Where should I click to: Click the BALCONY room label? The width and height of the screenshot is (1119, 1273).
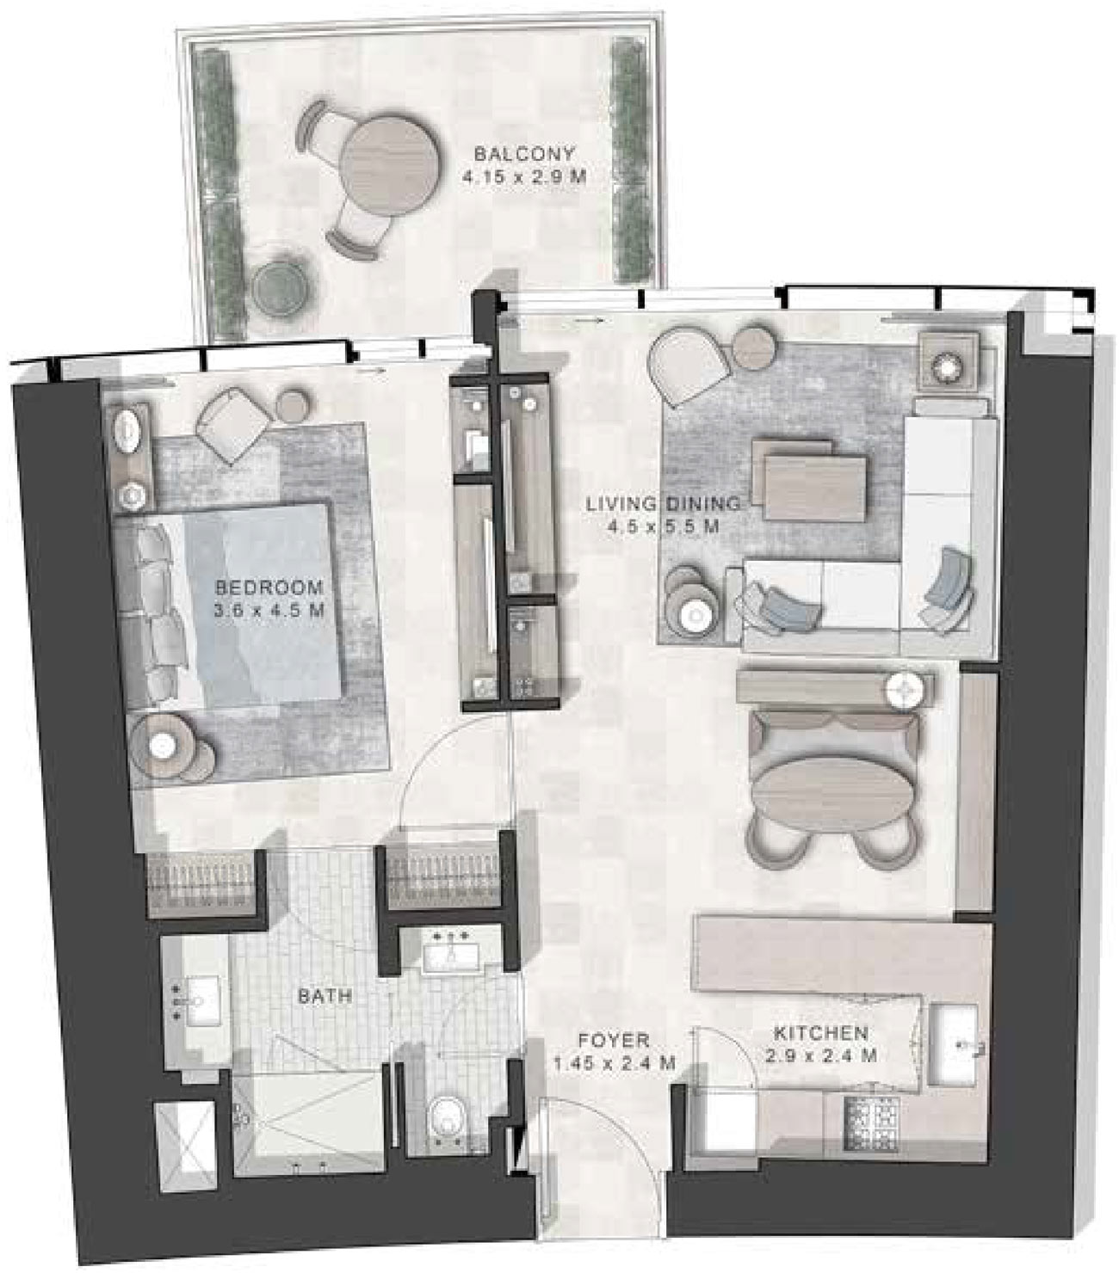point(524,155)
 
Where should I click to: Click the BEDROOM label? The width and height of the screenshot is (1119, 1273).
point(269,587)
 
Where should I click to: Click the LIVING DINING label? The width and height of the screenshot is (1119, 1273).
point(663,504)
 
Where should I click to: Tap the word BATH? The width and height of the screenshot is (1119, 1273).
point(325,996)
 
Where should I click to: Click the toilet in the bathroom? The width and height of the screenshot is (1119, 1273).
point(446,1116)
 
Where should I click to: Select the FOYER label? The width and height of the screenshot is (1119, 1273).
point(614,1040)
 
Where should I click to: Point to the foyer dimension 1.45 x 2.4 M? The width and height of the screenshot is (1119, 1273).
point(614,1063)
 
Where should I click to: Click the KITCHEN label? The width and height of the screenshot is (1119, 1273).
point(820,1033)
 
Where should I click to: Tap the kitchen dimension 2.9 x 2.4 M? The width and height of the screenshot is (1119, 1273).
point(820,1055)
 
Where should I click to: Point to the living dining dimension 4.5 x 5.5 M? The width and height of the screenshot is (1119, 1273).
point(663,526)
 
